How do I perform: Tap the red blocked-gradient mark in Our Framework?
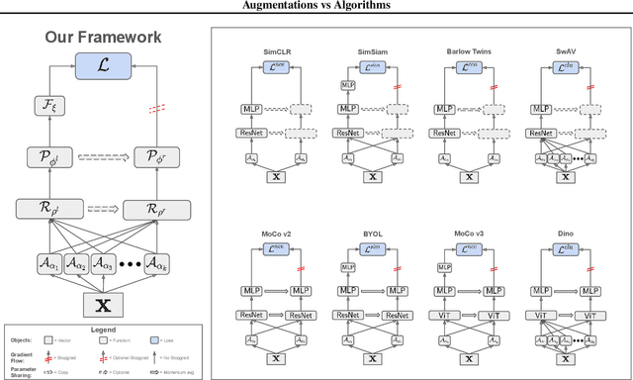pyautogui.click(x=153, y=109)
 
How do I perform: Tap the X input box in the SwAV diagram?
pyautogui.click(x=566, y=176)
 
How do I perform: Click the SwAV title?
pyautogui.click(x=565, y=49)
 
